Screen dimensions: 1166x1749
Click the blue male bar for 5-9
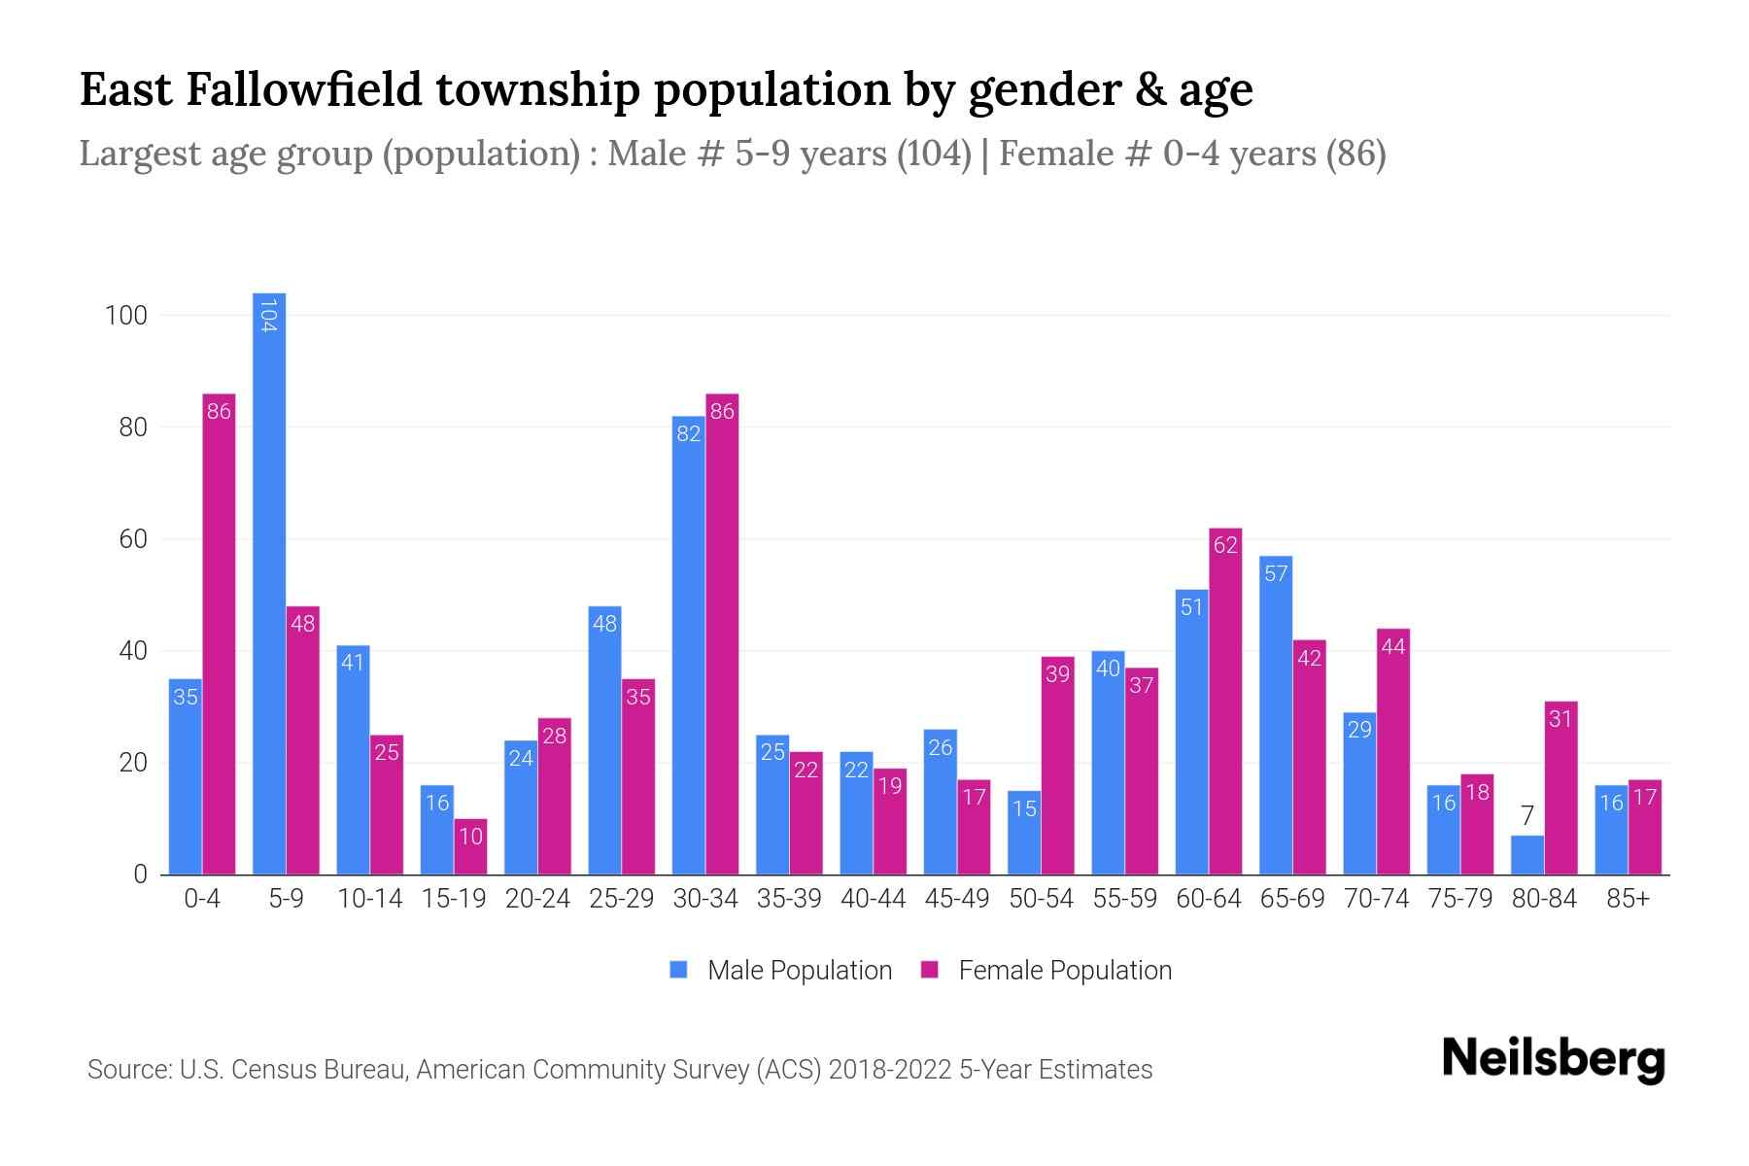pos(269,583)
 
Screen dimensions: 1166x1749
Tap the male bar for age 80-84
pos(1526,855)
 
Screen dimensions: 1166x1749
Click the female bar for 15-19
pos(470,846)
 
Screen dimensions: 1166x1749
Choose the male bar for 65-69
pos(1276,715)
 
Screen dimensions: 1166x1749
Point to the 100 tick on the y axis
pos(126,316)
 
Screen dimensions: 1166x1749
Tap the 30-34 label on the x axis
pos(705,899)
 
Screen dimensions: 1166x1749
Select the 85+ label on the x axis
pos(1628,899)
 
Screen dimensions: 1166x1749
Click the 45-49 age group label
pos(957,899)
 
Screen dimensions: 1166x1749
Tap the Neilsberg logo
pos(1553,1059)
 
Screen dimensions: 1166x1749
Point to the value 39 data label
pos(1057,673)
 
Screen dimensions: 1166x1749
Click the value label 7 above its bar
pos(1526,816)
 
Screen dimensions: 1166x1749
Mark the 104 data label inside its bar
pos(269,316)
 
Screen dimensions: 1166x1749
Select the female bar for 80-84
pos(1560,788)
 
